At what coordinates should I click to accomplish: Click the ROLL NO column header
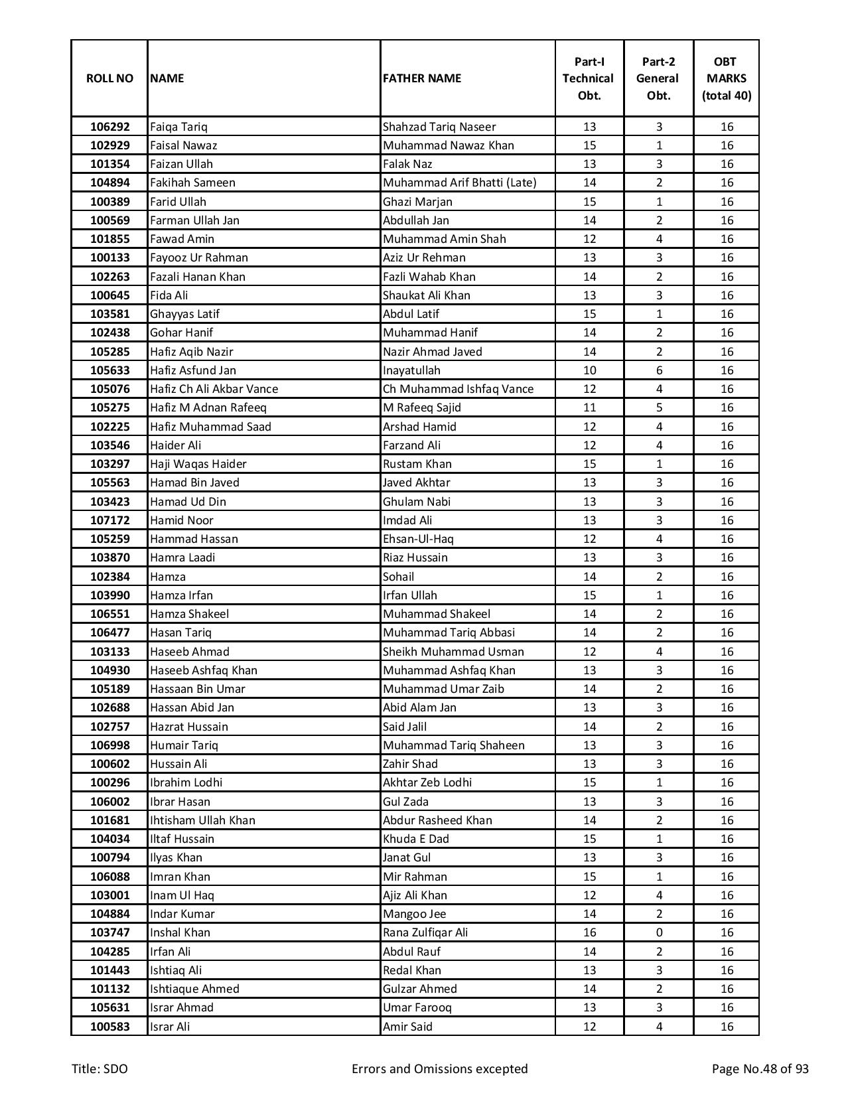[x=109, y=78]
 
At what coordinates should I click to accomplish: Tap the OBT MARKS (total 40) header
[x=726, y=78]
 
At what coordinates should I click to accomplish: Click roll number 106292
[x=109, y=127]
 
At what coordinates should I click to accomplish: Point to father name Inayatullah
[x=411, y=370]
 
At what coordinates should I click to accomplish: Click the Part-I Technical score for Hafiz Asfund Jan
[x=589, y=370]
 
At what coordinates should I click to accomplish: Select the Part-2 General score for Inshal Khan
[x=659, y=932]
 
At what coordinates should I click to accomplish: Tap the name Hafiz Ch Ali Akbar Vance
[x=214, y=389]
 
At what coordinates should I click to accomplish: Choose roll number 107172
[x=109, y=520]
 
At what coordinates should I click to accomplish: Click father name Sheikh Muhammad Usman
[x=453, y=652]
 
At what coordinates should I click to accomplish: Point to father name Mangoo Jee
[x=414, y=914]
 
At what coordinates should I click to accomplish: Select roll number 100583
[x=109, y=1027]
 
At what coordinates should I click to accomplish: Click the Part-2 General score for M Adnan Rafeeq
[x=659, y=407]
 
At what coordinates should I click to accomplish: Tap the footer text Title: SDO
[x=100, y=1068]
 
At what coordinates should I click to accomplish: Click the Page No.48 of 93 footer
[x=760, y=1068]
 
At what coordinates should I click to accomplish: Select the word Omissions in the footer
[x=442, y=1068]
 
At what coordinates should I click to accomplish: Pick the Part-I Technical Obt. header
[x=589, y=78]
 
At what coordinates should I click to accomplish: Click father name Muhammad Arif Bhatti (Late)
[x=459, y=183]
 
